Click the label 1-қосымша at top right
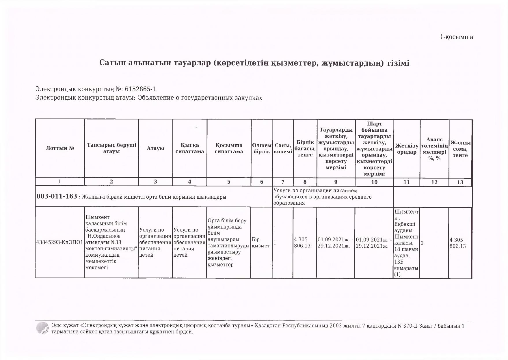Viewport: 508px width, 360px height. [457, 37]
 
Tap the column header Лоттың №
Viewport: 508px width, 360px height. [60, 148]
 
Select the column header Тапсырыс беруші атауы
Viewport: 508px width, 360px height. [111, 148]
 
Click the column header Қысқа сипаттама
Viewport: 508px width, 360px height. [190, 148]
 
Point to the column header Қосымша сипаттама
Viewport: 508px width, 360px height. [229, 148]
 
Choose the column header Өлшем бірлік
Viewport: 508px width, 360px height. [262, 148]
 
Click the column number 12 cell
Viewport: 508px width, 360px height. [434, 182]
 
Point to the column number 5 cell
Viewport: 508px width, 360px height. [229, 182]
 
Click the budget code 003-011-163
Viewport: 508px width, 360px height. [57, 197]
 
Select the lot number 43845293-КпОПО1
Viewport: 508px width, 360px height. [60, 243]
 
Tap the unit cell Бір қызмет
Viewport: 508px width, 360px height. [261, 243]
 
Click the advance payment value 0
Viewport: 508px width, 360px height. [422, 243]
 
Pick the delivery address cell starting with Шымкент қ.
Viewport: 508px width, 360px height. [406, 243]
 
